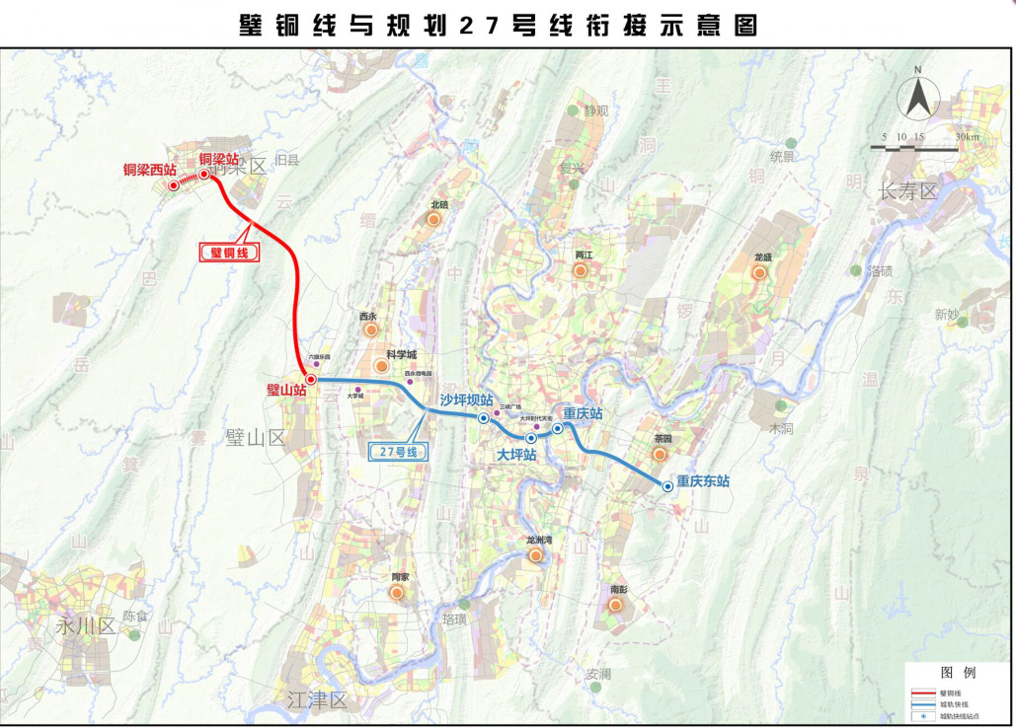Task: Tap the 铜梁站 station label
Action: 218,159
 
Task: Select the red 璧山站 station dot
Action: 310,380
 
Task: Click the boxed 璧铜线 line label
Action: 228,253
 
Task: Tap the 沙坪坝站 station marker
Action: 484,418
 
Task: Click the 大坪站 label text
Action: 516,456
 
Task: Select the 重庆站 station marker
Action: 558,428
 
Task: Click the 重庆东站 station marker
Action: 667,485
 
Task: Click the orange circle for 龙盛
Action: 759,272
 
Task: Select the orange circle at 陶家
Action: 397,593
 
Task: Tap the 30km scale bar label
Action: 969,136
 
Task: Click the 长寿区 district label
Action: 907,191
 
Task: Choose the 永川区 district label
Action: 86,625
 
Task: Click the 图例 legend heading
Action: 958,672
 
